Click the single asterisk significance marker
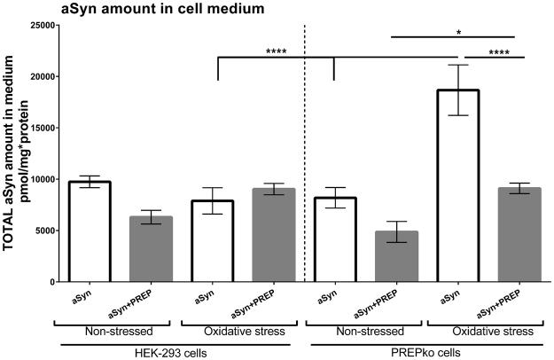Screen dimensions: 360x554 tap(457, 32)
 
